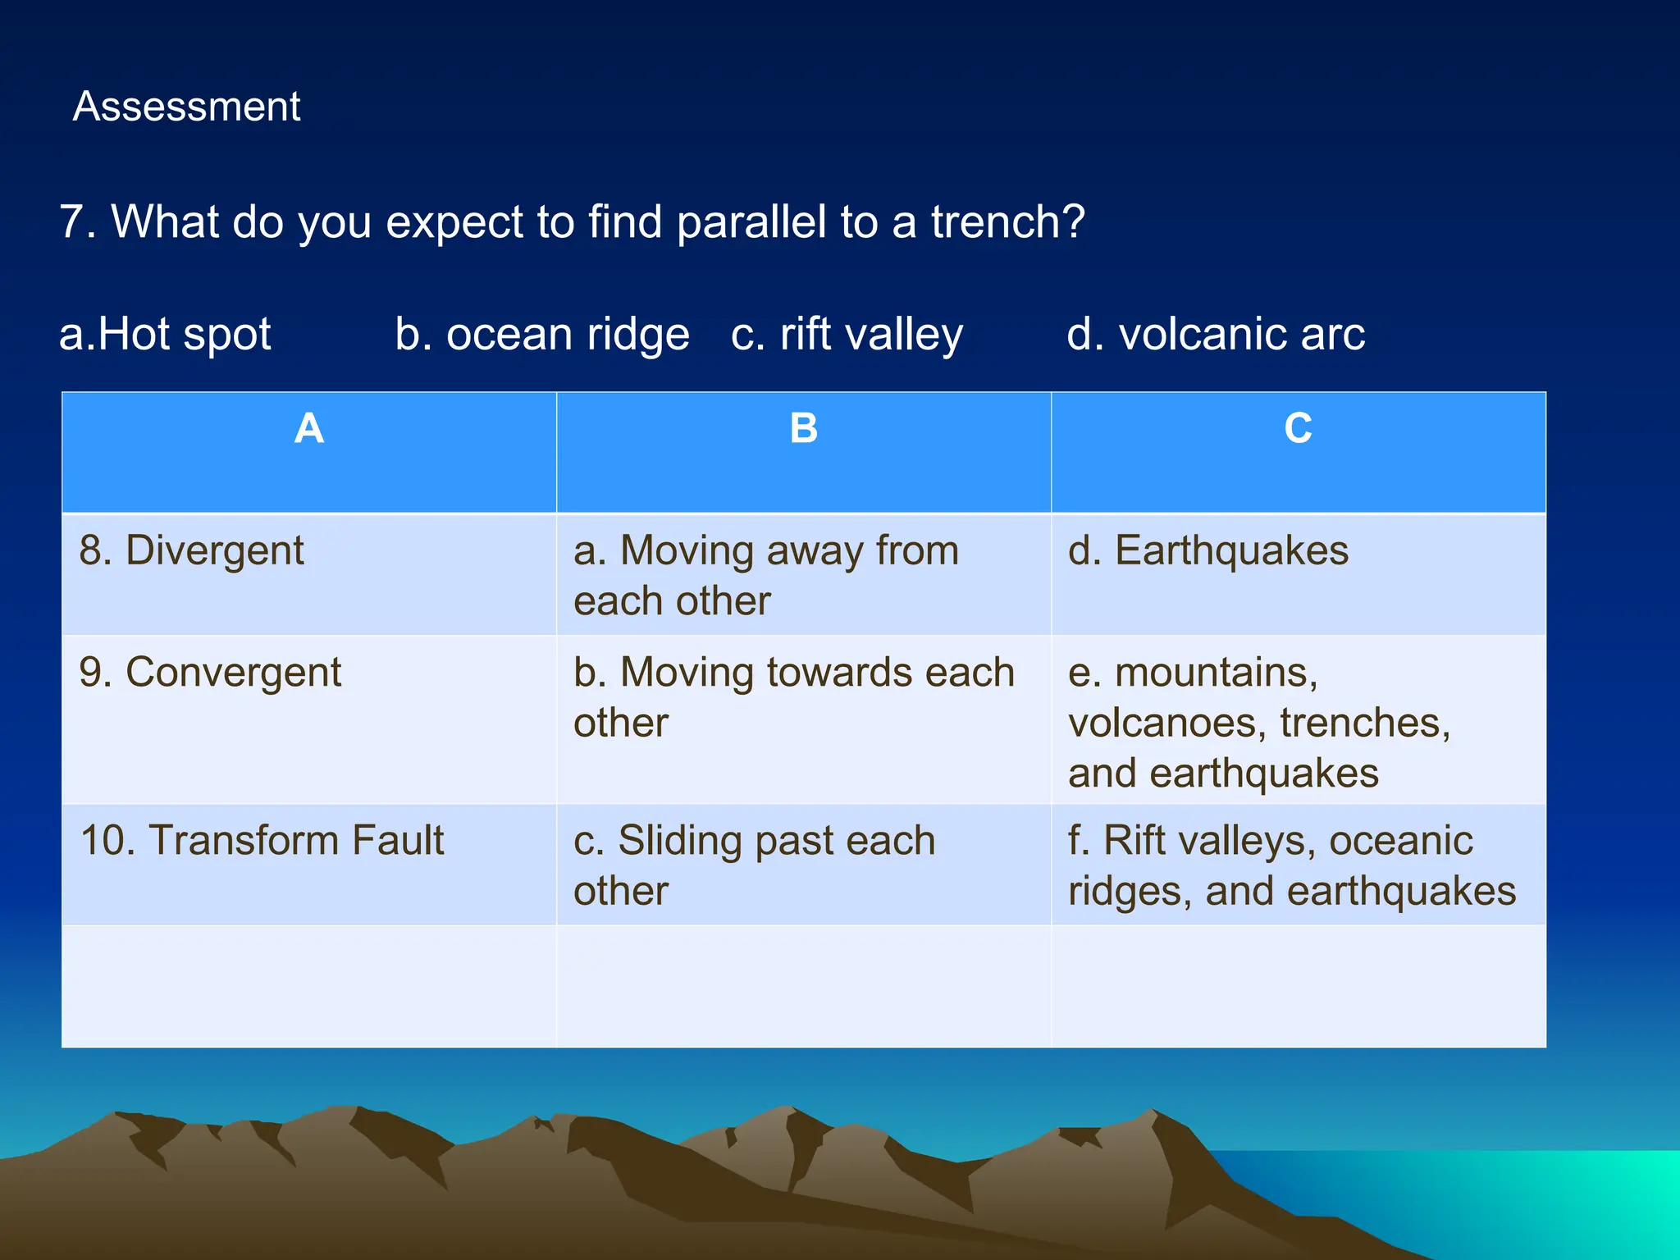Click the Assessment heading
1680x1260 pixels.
186,107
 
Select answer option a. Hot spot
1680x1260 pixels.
165,334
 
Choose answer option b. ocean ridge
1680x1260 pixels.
541,334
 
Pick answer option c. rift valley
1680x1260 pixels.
847,334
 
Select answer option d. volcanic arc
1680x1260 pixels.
1216,334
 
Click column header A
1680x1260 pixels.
309,428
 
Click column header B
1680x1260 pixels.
804,428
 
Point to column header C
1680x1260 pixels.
1298,428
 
